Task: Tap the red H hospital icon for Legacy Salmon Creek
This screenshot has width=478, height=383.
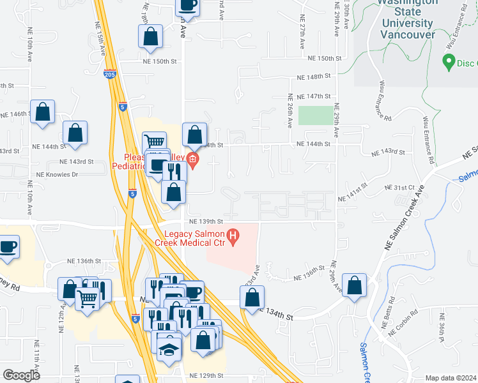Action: point(233,237)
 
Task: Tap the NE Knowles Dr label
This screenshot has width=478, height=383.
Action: point(57,174)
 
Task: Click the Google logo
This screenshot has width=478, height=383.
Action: point(22,375)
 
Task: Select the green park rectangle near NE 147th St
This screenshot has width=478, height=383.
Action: point(316,116)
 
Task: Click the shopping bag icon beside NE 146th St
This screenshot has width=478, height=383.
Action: point(42,112)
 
